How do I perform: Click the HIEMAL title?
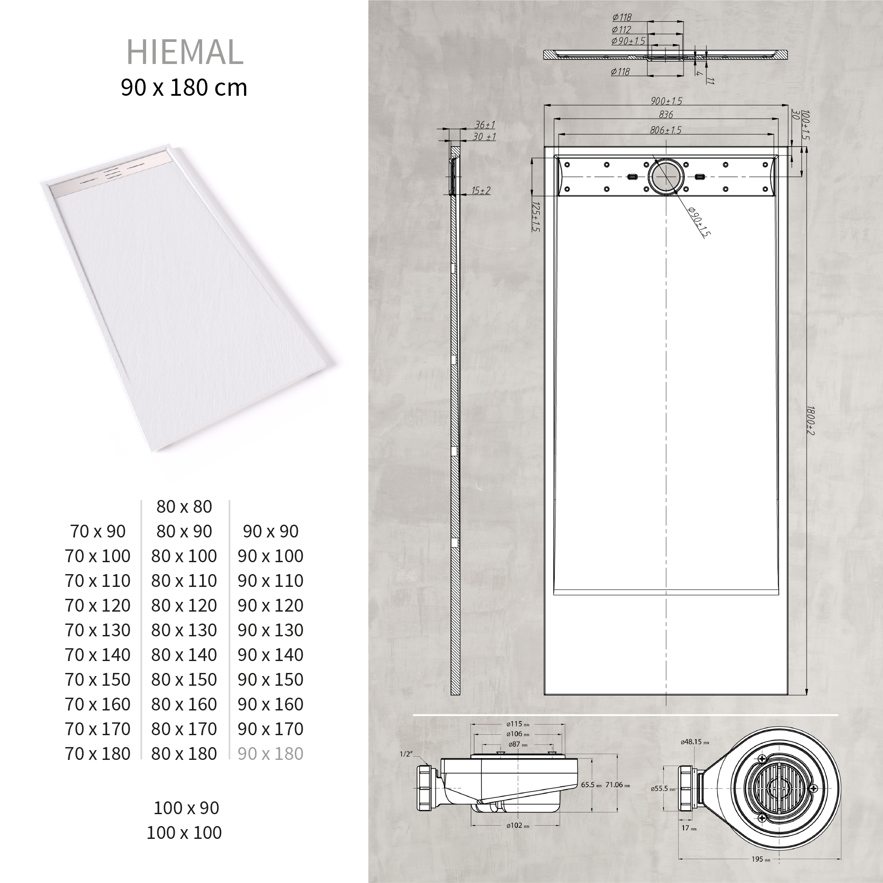click(184, 52)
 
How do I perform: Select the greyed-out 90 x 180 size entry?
click(271, 754)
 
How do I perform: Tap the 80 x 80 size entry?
click(184, 507)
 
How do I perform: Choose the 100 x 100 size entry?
click(184, 832)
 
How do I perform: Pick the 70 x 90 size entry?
click(98, 531)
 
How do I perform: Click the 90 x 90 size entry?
click(271, 531)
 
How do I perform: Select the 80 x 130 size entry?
click(184, 630)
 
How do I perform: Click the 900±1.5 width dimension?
click(666, 101)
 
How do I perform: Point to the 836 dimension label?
click(666, 115)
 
